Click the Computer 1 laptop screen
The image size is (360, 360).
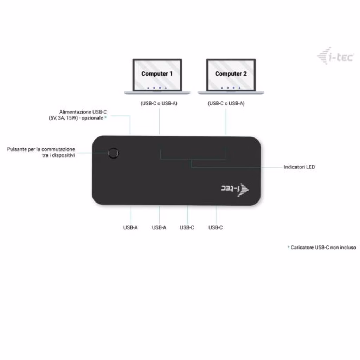pyautogui.click(x=157, y=75)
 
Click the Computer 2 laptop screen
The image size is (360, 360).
pyautogui.click(x=231, y=75)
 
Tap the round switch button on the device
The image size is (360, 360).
pyautogui.click(x=113, y=153)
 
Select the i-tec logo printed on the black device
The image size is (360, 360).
pyautogui.click(x=235, y=189)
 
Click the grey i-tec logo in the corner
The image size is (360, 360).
pyautogui.click(x=335, y=56)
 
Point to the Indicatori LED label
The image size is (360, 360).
pyautogui.click(x=299, y=167)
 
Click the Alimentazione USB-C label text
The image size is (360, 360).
pyautogui.click(x=83, y=112)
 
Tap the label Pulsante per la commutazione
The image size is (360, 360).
pyautogui.click(x=41, y=149)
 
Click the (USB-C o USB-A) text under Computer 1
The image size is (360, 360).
pyautogui.click(x=159, y=103)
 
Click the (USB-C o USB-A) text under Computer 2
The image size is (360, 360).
pyautogui.click(x=226, y=103)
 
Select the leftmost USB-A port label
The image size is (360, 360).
pyautogui.click(x=130, y=227)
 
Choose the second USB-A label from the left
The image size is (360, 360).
pyautogui.click(x=159, y=227)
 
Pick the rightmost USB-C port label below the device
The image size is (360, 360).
pyautogui.click(x=216, y=227)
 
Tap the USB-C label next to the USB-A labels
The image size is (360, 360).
pyautogui.click(x=187, y=227)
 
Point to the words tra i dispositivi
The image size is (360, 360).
pyautogui.click(x=58, y=155)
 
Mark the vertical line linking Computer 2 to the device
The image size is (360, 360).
pyautogui.click(x=226, y=121)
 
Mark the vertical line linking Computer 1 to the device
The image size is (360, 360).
pyautogui.click(x=159, y=121)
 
